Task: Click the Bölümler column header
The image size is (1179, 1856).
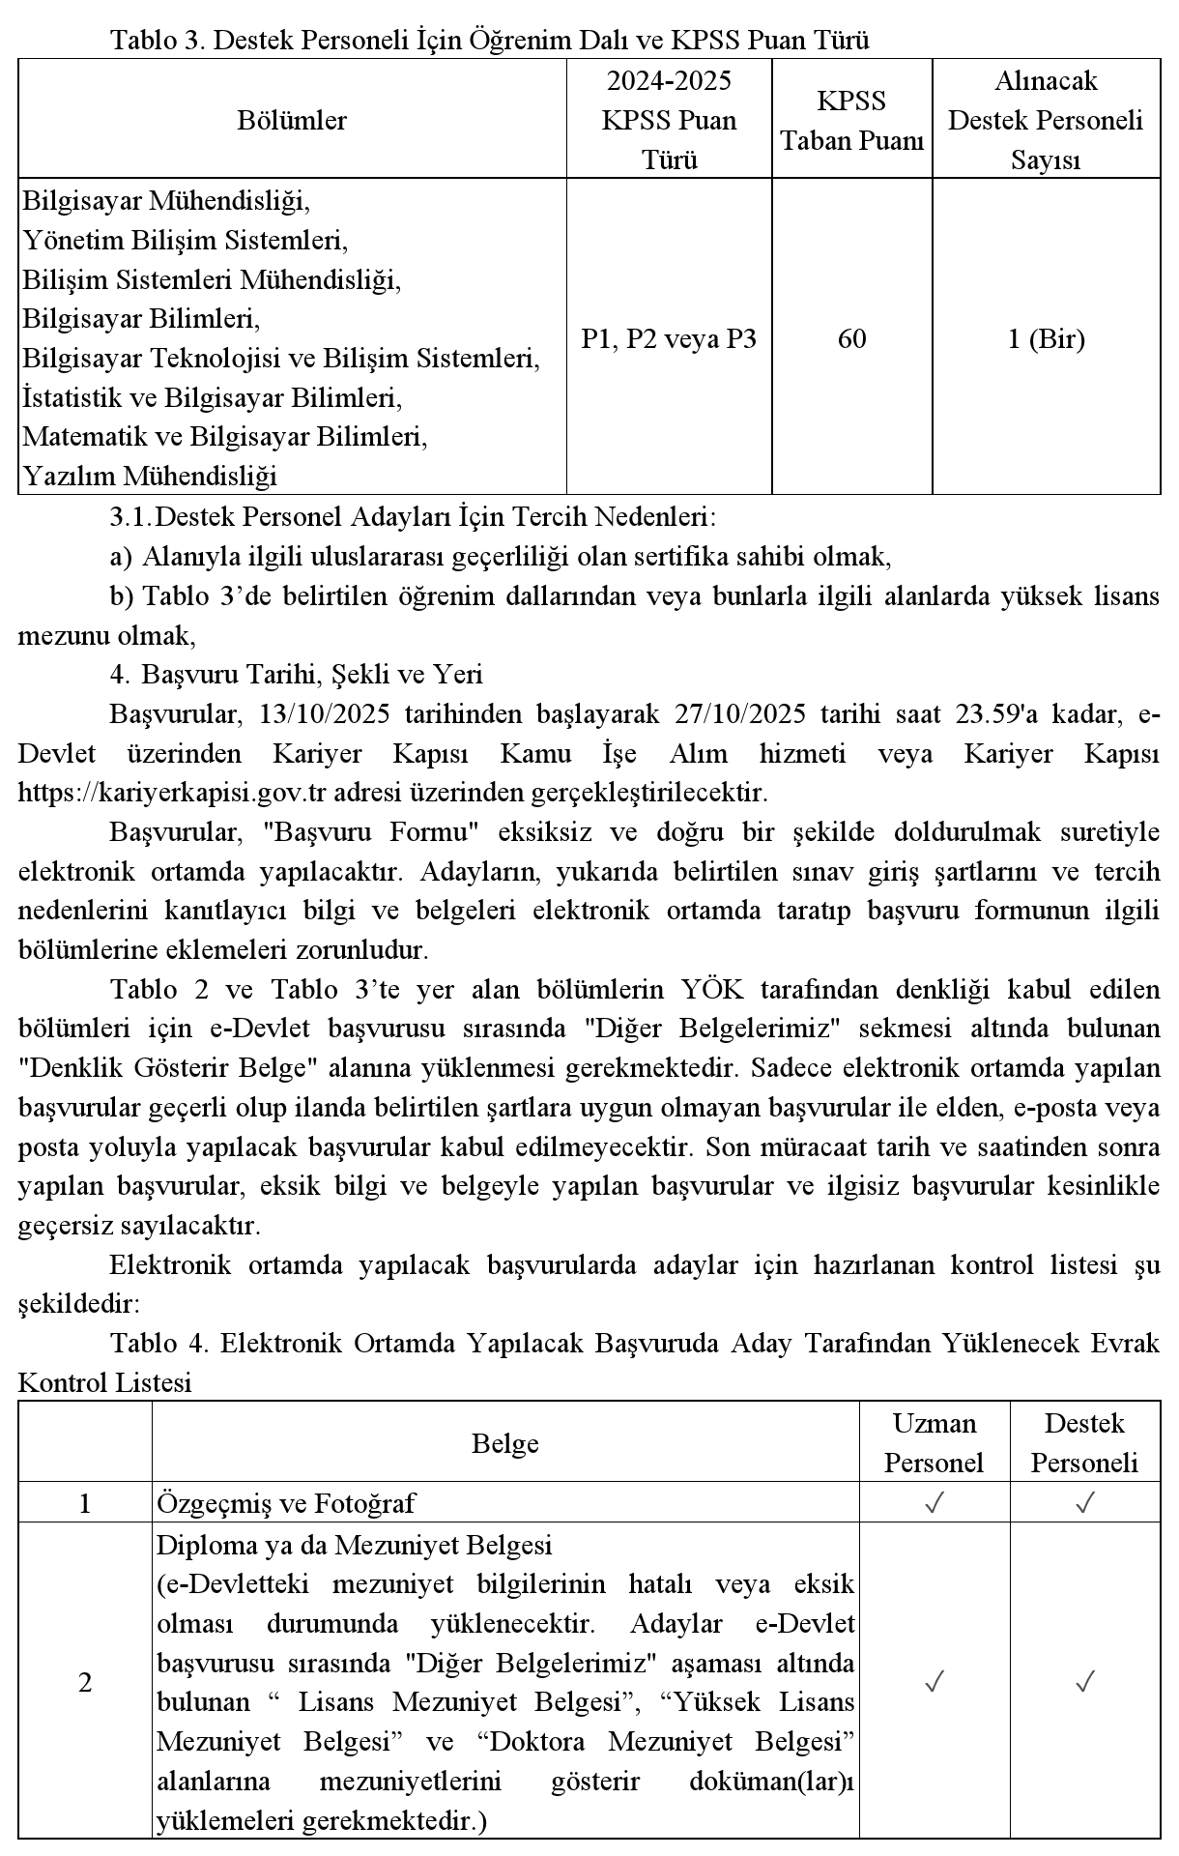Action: (292, 121)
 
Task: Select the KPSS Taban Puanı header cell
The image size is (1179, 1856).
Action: (851, 121)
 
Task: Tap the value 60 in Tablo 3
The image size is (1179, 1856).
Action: (851, 339)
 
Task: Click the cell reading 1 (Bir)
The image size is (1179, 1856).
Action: (1046, 339)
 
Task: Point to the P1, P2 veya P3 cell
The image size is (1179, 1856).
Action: (669, 339)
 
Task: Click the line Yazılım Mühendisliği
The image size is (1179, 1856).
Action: (150, 477)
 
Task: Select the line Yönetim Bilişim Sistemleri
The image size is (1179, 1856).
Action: (185, 240)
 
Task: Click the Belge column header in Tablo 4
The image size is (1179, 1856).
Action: (505, 1443)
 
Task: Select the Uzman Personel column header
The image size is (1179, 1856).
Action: (934, 1443)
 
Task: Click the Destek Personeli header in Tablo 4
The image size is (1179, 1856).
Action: (1084, 1443)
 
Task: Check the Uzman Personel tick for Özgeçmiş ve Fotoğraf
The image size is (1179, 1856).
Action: (934, 1503)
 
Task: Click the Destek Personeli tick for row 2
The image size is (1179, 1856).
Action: (1084, 1683)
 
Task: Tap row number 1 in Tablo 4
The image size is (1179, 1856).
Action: (85, 1503)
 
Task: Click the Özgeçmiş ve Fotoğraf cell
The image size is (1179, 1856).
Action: (286, 1503)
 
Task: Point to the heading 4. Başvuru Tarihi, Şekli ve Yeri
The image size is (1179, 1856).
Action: (296, 674)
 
